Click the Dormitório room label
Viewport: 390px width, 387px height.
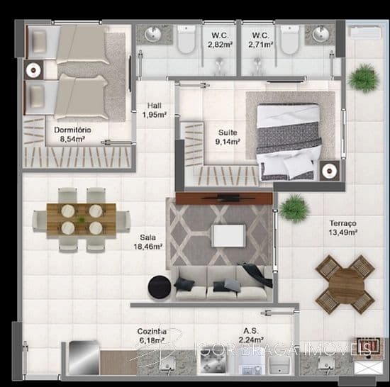click(x=72, y=130)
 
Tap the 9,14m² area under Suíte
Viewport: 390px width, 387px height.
click(x=228, y=142)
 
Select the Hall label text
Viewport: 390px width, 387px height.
click(x=154, y=106)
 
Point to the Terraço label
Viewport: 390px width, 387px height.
click(x=343, y=223)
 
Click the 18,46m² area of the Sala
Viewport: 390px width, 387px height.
click(x=148, y=247)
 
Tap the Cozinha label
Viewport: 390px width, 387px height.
click(x=152, y=331)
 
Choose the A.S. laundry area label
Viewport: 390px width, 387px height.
click(x=251, y=331)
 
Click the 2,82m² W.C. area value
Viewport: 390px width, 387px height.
click(x=220, y=45)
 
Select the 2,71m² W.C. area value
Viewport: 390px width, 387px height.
click(x=261, y=45)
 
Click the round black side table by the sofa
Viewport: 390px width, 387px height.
click(x=160, y=287)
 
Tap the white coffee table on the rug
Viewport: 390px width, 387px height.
click(x=228, y=235)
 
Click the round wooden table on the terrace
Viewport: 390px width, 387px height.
click(x=345, y=284)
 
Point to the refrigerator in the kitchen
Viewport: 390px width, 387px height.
click(x=84, y=358)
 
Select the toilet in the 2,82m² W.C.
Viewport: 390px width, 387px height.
click(x=186, y=39)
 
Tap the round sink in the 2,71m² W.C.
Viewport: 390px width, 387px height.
click(x=321, y=34)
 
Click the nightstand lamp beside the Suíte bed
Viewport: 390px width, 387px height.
click(x=330, y=171)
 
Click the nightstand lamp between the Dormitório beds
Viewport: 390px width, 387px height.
click(x=33, y=70)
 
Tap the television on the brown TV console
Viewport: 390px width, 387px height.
click(x=228, y=198)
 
